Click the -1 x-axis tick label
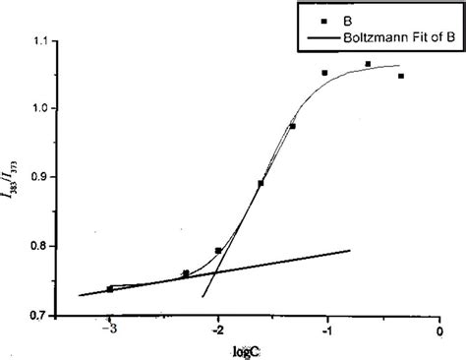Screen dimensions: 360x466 326,330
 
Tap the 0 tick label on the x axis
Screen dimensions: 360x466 439,330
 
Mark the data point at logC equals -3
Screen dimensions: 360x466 110,289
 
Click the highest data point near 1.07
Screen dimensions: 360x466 368,64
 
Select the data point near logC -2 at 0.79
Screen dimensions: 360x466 218,251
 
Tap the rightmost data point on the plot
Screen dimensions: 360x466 401,76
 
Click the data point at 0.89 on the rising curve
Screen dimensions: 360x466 261,183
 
